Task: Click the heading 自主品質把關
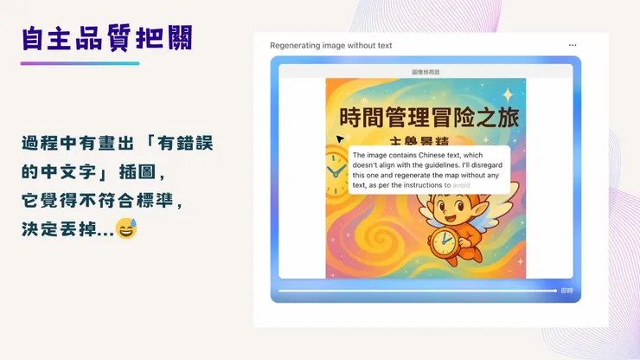106,38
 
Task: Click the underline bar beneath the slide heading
80,63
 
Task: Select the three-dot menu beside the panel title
573,45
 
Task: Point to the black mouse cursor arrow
340,138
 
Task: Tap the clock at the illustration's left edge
336,173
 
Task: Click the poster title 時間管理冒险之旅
426,116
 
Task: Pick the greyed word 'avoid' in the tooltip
461,184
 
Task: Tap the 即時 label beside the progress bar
566,291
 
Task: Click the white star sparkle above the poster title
508,93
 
